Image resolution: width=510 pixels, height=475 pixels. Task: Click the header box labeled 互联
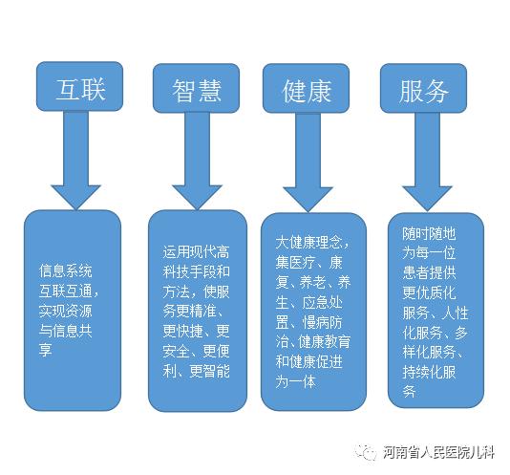click(79, 87)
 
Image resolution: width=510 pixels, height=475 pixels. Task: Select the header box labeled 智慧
click(196, 88)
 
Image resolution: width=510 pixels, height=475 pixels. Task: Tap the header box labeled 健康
click(306, 88)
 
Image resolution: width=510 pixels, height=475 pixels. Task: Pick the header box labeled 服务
click(423, 88)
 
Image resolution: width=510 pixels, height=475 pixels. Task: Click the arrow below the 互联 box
click(75, 161)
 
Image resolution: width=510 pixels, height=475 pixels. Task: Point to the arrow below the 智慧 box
click(197, 162)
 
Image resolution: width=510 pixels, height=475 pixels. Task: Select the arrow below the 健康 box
click(308, 162)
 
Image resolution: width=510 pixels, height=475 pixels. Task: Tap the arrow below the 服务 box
click(427, 162)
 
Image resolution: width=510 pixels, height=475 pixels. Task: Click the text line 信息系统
click(66, 270)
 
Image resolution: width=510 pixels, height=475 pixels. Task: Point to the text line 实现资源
click(66, 311)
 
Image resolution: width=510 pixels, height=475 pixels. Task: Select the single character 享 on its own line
click(46, 351)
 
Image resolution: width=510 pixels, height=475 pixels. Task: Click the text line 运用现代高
click(196, 251)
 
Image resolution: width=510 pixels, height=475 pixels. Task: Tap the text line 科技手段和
click(196, 271)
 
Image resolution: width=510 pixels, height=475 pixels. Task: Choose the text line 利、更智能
click(196, 371)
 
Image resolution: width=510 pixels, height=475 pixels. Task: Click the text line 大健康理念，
click(312, 242)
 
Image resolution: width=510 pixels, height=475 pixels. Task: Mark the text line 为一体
click(296, 381)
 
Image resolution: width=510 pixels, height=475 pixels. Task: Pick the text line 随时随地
click(429, 233)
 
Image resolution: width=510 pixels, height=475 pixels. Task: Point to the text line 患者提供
click(429, 272)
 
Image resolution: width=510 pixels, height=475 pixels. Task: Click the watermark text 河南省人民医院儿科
click(438, 452)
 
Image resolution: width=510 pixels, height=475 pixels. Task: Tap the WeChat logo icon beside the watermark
click(365, 452)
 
